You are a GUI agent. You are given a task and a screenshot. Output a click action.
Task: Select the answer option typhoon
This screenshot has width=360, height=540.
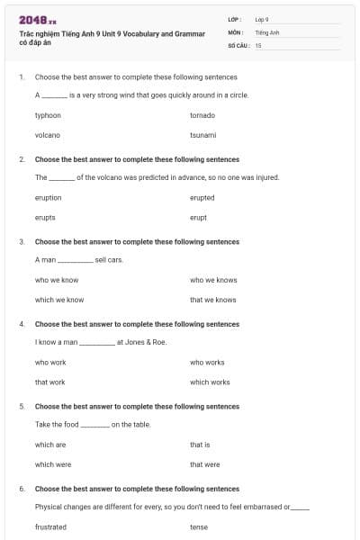click(x=48, y=115)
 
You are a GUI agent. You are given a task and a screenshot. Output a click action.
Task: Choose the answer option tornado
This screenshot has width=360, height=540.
click(x=202, y=115)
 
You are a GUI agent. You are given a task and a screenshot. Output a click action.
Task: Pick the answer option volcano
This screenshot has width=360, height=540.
click(x=47, y=135)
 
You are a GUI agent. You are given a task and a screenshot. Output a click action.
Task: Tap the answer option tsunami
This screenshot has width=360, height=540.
click(x=202, y=135)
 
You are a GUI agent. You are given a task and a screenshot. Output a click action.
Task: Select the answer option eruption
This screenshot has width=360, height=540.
click(x=49, y=197)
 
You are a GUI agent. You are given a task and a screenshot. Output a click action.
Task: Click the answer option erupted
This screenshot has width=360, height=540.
click(x=202, y=197)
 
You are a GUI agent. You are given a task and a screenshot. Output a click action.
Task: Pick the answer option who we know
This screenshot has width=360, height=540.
click(x=57, y=280)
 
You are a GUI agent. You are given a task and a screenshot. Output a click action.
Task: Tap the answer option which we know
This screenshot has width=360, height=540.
click(x=59, y=300)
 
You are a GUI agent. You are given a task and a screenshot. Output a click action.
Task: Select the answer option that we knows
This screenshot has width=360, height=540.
click(x=213, y=300)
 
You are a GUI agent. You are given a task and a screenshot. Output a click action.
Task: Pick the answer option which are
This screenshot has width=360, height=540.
click(x=50, y=445)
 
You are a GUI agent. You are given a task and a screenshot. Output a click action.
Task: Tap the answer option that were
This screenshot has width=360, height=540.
click(x=204, y=464)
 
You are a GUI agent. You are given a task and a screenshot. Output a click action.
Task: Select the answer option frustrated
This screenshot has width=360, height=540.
click(x=50, y=526)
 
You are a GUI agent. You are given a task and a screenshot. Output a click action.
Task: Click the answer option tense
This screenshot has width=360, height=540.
click(x=199, y=526)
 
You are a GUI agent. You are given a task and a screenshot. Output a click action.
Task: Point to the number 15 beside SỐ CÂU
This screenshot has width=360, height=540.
click(x=258, y=45)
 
